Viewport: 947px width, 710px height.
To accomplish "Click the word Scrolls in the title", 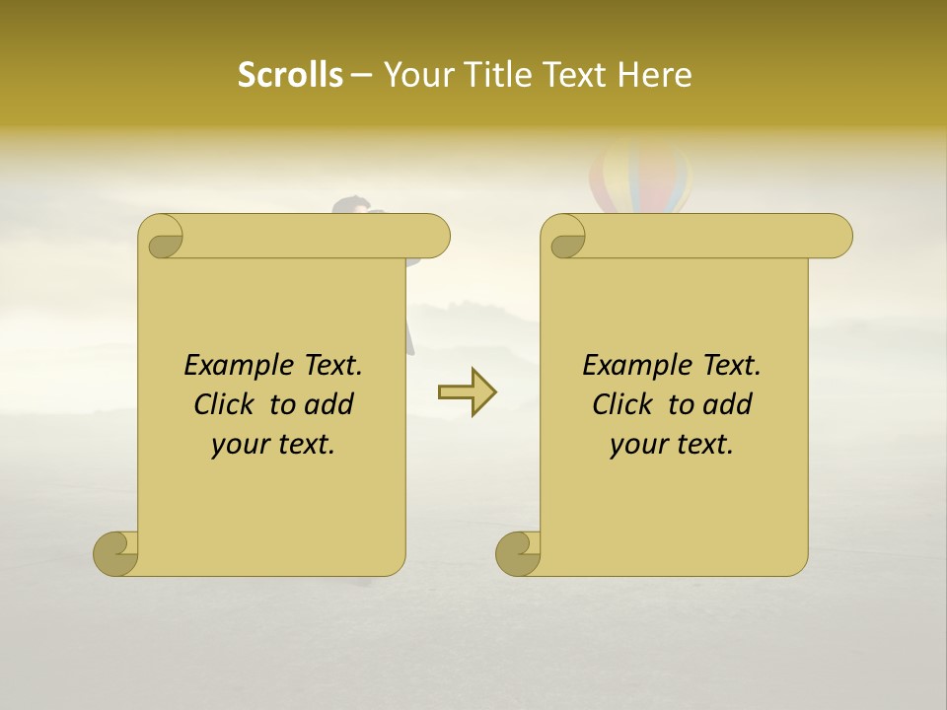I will [290, 75].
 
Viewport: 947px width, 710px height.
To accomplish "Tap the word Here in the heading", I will [655, 75].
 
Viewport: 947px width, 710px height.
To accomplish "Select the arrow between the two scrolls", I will [467, 391].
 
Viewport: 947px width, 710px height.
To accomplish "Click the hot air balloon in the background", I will [640, 177].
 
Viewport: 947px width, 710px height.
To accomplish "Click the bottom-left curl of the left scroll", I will [116, 553].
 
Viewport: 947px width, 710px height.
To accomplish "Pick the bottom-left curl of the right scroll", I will [519, 553].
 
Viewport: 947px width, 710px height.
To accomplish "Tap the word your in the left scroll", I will [240, 445].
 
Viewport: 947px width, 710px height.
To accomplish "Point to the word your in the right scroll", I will [638, 445].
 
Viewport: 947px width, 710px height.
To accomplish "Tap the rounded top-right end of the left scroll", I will [434, 237].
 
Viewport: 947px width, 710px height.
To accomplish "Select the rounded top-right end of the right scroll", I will [837, 237].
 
